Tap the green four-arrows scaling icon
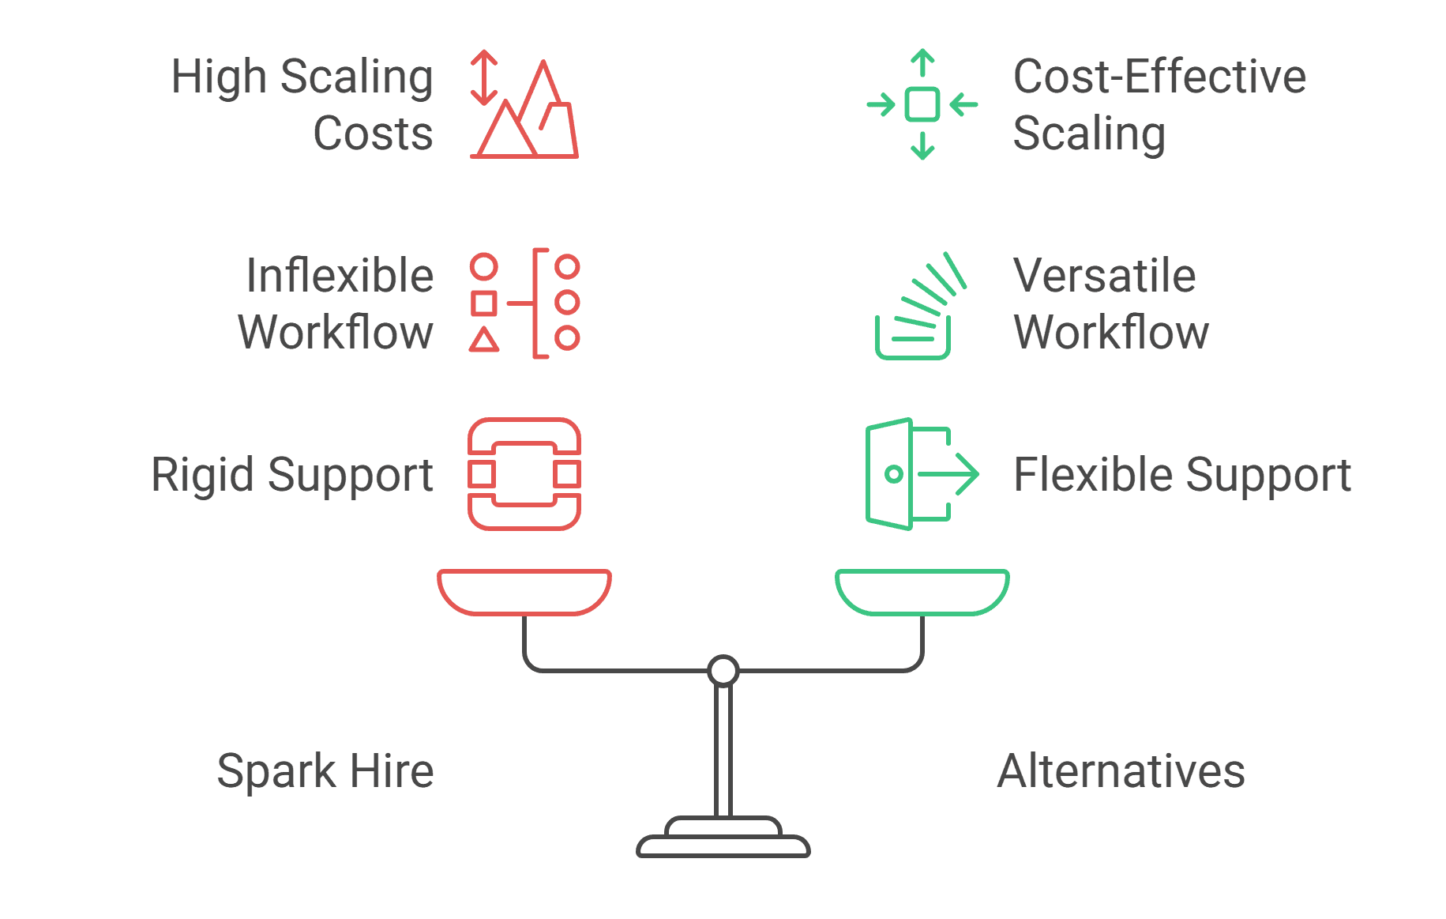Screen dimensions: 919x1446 tap(922, 104)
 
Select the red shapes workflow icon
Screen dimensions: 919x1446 tap(524, 303)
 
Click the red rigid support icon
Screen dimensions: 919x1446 tap(524, 473)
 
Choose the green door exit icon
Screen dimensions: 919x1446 tap(921, 473)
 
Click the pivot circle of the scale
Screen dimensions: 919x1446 tap(723, 671)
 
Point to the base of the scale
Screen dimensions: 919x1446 tap(723, 842)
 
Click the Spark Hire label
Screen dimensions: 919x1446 tap(325, 771)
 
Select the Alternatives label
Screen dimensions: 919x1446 tap(1121, 771)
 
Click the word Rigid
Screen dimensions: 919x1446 tap(203, 475)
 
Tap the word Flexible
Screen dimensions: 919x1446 tap(1094, 475)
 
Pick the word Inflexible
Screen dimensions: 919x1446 tap(340, 276)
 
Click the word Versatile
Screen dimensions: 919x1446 tap(1104, 276)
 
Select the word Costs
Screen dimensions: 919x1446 tap(373, 134)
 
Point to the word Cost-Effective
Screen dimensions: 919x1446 tap(1159, 77)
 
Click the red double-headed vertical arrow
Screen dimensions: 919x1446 tap(483, 77)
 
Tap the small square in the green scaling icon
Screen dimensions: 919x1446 tap(922, 104)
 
